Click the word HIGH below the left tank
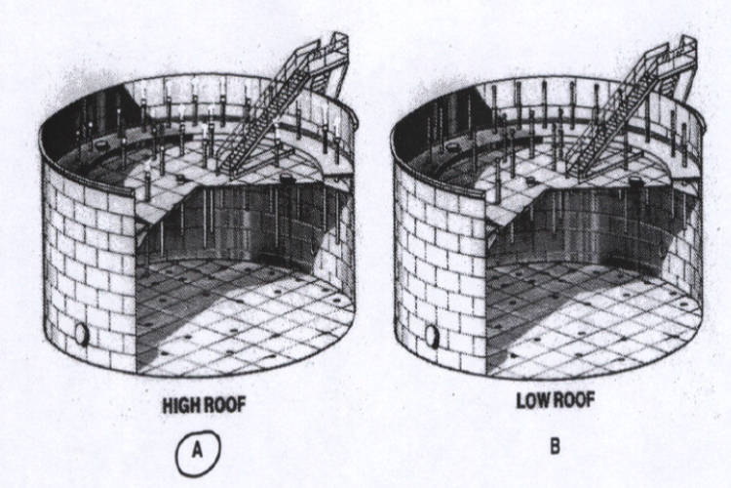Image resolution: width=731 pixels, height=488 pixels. coord(182,405)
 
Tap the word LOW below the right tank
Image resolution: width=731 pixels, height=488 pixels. coord(531,400)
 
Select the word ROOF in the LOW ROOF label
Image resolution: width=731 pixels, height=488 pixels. coord(571,400)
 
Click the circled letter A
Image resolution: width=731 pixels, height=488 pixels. coord(198,450)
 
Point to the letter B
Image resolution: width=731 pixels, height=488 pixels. coord(555,447)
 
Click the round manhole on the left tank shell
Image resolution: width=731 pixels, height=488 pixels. coord(83,334)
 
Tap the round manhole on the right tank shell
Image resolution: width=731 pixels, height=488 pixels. coord(433,336)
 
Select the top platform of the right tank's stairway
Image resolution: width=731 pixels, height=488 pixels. coord(677,54)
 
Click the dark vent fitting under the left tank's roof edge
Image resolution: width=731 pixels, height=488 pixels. coord(286,179)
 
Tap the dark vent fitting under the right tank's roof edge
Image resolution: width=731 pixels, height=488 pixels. coord(635,182)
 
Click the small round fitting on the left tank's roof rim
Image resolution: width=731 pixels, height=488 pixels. coord(99,146)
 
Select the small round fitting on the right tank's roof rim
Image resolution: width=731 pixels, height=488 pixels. coord(450,146)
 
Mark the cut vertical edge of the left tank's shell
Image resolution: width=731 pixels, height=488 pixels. coord(135,285)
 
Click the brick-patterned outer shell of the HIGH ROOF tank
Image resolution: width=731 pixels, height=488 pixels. coord(89,262)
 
